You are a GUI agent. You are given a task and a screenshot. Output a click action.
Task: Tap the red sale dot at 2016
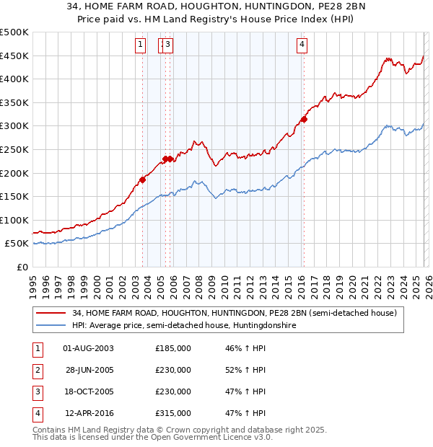[304, 120]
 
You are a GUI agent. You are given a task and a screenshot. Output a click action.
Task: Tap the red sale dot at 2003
[142, 180]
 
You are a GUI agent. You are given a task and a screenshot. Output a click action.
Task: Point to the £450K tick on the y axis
[14, 56]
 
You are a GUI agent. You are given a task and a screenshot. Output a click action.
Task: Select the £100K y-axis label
[14, 220]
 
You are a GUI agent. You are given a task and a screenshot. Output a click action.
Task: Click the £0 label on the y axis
[22, 267]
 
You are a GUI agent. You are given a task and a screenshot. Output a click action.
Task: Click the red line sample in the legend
[51, 314]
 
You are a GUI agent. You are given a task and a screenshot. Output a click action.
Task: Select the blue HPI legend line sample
[51, 326]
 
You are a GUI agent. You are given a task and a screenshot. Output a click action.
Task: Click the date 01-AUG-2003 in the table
[88, 348]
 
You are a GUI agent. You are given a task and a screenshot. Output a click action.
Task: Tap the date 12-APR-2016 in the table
[88, 413]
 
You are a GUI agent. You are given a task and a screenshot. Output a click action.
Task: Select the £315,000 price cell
[173, 413]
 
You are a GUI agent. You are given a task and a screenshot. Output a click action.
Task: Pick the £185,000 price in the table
[173, 348]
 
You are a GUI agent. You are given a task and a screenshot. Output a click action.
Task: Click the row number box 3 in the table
[37, 391]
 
